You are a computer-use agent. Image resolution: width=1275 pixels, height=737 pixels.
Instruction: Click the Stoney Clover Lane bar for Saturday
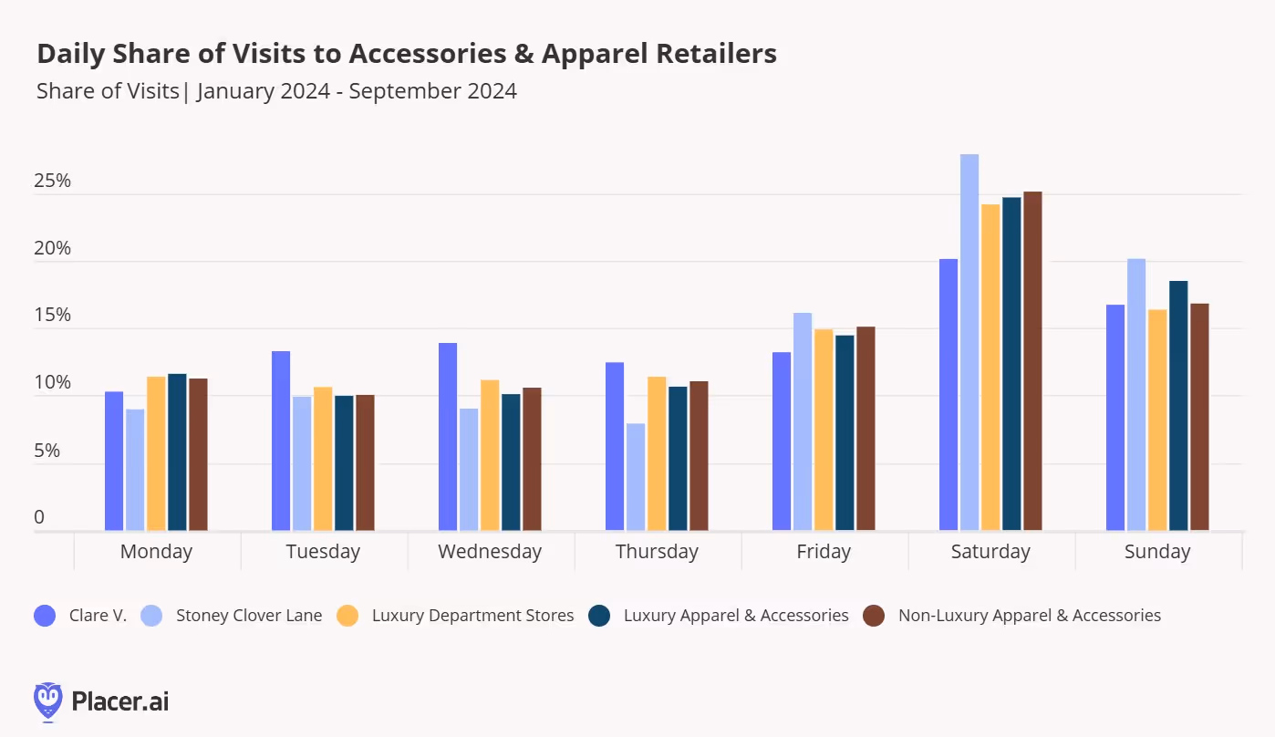coord(969,342)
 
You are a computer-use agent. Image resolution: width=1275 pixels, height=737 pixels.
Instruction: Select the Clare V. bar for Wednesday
coord(448,437)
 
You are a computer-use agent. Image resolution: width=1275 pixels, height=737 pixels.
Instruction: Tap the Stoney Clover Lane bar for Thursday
coord(636,477)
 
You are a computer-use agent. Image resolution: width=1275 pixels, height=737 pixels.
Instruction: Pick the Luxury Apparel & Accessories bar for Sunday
coord(1178,406)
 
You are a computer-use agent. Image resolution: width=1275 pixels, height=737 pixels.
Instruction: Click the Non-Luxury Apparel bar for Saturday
coord(1032,361)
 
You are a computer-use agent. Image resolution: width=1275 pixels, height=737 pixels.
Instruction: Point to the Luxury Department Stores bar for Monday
coord(156,453)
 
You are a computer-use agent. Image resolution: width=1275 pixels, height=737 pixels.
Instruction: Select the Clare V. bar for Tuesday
coord(281,441)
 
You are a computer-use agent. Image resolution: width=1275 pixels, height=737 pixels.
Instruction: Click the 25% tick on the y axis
coord(52,181)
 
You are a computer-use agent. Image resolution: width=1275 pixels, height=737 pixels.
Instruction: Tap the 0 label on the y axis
coord(39,517)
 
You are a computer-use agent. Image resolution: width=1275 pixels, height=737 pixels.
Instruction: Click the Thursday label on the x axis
coord(657,552)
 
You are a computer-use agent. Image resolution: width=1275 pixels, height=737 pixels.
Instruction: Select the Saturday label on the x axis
coord(990,552)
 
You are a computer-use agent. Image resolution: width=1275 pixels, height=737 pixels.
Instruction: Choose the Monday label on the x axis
coord(156,552)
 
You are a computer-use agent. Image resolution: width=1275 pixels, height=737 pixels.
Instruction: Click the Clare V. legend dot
coord(45,616)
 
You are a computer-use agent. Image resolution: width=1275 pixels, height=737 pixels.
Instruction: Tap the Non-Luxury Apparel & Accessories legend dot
coord(874,616)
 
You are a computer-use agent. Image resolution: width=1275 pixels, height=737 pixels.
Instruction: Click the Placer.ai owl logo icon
coord(48,701)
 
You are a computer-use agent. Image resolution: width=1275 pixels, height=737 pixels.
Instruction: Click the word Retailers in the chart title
coord(714,54)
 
